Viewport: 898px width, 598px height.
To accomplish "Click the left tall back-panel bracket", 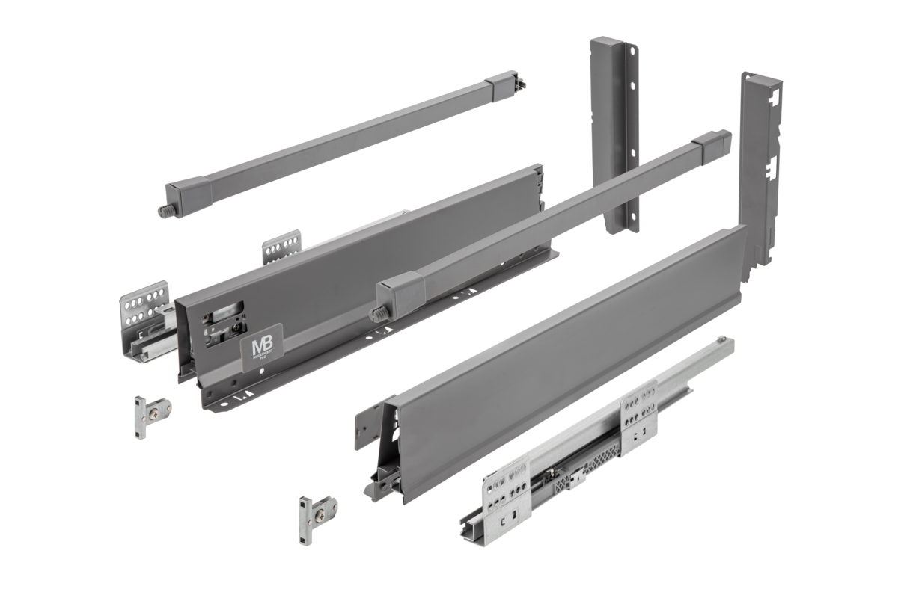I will tap(614, 135).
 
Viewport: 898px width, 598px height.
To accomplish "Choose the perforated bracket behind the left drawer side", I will tap(282, 247).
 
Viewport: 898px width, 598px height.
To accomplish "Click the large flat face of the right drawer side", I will tap(569, 359).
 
